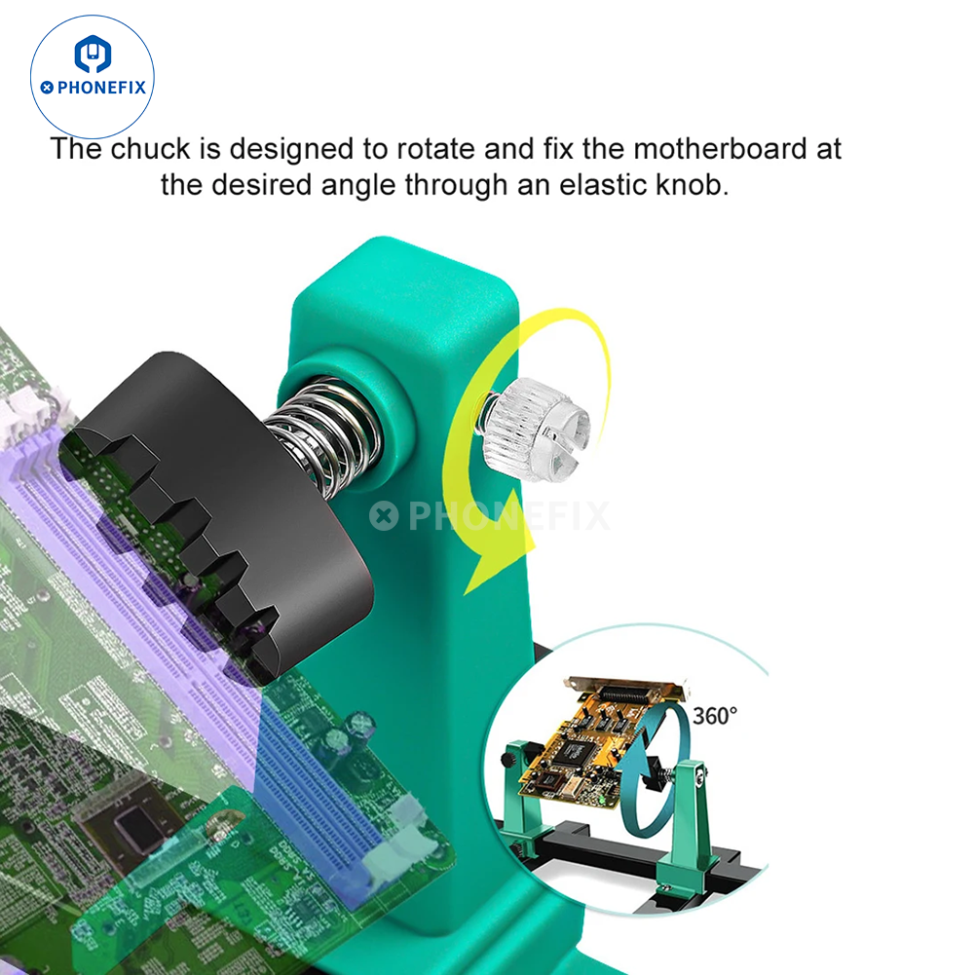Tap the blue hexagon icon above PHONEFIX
point(92,55)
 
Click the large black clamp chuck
point(217,516)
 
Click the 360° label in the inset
point(715,716)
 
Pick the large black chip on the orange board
point(573,753)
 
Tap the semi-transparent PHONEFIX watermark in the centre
point(490,515)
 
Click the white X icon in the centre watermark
point(384,515)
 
